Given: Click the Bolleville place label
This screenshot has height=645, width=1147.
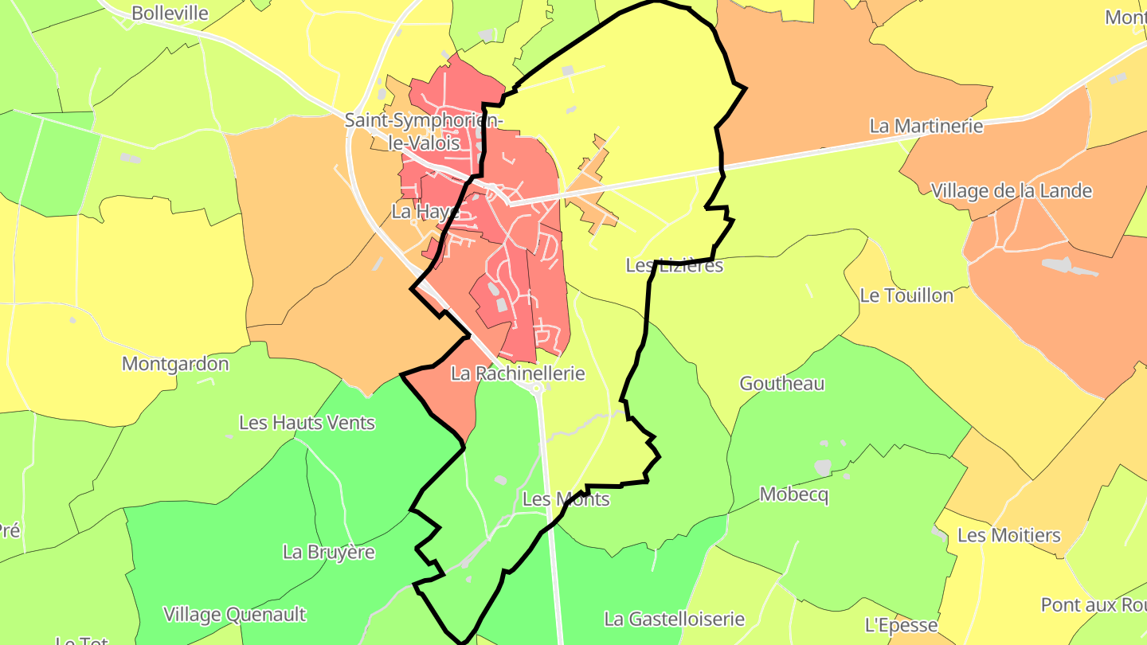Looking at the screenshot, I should pos(170,13).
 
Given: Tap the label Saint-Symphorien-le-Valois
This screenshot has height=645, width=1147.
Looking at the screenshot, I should pos(424,132).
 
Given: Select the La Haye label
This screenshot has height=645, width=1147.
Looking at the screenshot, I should pos(425,212).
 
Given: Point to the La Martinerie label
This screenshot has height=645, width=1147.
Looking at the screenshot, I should pos(926,126).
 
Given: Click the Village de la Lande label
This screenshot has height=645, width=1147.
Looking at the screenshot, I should pos(1011,191).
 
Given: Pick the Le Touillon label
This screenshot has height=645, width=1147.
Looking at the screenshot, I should pos(906,295).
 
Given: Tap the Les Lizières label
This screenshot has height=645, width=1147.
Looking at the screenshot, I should pos(674,265).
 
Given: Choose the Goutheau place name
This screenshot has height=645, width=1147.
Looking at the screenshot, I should pos(781,383).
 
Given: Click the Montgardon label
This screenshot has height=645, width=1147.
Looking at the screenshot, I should pos(174,364).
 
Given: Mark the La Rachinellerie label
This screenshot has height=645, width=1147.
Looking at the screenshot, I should pos(518,373).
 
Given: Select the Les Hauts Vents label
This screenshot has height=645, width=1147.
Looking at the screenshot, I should pos(307,422).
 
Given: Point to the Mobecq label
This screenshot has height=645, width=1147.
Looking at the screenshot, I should pos(793,494).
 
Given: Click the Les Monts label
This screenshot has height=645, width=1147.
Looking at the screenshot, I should pos(566,499).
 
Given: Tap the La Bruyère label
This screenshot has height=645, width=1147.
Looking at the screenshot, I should pos(328,551).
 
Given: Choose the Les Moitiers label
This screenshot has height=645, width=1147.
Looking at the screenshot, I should pos(1008,535).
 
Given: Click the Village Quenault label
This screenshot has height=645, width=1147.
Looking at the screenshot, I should pos(234,614).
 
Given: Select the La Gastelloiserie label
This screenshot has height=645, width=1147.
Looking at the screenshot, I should pos(674,619).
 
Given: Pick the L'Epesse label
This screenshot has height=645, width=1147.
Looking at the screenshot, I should pos(901,624).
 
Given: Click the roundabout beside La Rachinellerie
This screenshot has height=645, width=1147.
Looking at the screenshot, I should pos(537,388).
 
